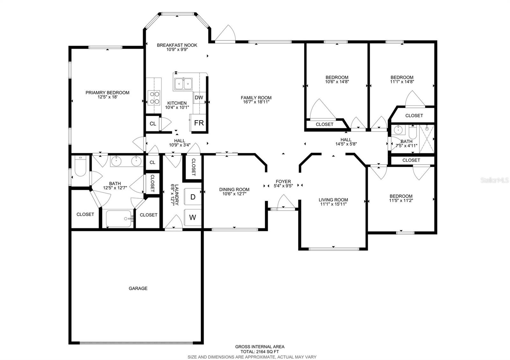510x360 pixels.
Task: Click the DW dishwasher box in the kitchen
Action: click(199, 97)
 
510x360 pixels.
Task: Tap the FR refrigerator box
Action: click(199, 123)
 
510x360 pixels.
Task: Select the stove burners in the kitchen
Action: click(154, 97)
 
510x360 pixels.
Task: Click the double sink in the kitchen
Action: click(183, 84)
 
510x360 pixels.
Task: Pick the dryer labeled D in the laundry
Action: click(193, 197)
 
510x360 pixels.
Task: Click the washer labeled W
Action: click(193, 217)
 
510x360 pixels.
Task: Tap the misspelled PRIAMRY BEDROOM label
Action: click(107, 93)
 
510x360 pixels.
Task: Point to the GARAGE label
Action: click(138, 288)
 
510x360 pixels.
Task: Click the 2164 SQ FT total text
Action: click(260, 352)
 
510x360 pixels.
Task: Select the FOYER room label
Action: click(283, 182)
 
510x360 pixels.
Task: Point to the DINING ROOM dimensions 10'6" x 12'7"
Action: click(234, 194)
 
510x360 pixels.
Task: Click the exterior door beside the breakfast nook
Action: click(225, 34)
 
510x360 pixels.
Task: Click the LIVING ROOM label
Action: click(333, 200)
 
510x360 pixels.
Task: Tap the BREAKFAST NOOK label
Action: click(177, 45)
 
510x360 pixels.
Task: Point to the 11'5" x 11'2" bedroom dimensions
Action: click(401, 200)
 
